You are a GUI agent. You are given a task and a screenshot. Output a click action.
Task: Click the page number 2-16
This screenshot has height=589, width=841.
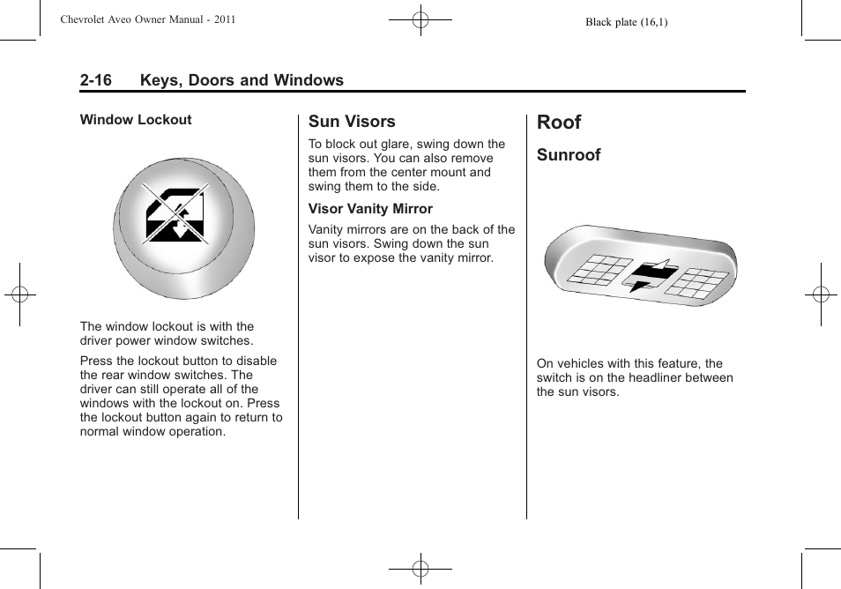95,80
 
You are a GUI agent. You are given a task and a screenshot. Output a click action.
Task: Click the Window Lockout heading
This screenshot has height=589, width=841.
136,120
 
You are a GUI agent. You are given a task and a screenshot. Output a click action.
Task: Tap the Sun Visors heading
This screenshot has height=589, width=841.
352,122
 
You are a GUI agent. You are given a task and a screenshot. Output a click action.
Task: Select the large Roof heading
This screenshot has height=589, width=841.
559,122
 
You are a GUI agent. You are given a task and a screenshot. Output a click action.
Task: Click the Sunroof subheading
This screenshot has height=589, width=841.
569,155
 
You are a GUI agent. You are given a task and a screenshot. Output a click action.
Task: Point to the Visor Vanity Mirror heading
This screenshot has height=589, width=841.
370,209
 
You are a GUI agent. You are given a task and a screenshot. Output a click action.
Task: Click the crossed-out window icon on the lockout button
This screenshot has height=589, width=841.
175,214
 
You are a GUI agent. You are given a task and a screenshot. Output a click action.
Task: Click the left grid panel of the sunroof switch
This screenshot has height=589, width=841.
597,269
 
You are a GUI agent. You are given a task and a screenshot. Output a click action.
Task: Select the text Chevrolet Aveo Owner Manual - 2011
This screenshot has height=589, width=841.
148,19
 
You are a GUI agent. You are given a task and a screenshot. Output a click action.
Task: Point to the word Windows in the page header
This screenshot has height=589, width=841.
308,80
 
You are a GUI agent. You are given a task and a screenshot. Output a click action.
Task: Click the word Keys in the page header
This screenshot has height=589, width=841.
161,80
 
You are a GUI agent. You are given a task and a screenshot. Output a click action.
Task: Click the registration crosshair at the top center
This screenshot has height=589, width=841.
420,19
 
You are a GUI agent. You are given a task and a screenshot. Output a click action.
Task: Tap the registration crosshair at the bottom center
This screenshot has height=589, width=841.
420,570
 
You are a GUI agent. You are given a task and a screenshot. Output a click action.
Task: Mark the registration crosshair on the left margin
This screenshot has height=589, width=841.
19,294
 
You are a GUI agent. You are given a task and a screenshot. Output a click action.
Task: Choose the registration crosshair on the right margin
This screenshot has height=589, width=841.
821,294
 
